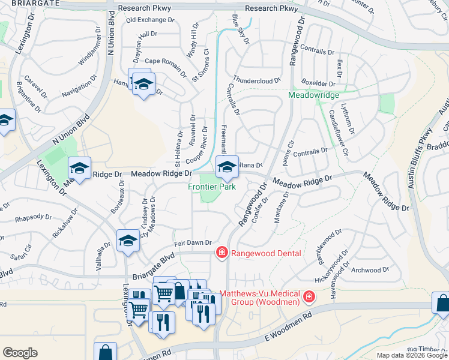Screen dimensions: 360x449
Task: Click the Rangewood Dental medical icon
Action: click(x=221, y=253)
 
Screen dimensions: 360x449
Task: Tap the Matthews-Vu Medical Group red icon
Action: click(x=309, y=296)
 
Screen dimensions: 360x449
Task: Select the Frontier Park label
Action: click(x=211, y=186)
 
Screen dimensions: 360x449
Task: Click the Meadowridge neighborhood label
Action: click(x=314, y=95)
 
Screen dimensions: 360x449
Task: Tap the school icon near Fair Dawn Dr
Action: click(x=127, y=241)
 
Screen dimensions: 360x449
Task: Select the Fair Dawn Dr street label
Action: click(x=193, y=242)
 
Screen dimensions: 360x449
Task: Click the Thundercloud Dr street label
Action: click(x=256, y=79)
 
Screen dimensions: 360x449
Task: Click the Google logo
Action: click(x=20, y=352)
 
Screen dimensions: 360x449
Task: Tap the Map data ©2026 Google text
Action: click(x=411, y=355)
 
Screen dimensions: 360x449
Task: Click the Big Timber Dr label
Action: click(x=427, y=349)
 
